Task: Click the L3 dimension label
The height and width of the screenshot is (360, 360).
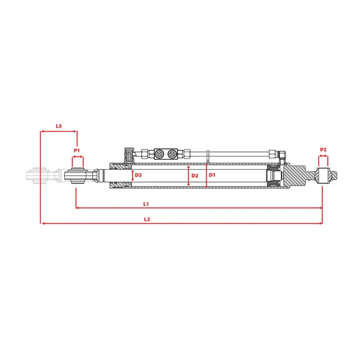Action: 59,126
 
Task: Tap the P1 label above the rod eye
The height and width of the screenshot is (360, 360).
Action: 77,151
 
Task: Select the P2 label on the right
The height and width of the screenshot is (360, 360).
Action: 323,149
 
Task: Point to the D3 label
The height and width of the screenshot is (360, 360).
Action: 138,175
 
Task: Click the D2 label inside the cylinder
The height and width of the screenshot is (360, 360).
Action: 194,176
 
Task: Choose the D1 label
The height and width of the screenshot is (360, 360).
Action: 212,175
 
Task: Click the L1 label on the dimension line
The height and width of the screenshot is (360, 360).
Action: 146,204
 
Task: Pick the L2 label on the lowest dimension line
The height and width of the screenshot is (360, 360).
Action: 147,219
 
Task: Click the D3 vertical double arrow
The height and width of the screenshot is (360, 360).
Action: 133,176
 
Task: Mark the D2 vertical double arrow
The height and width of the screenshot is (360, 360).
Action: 188,176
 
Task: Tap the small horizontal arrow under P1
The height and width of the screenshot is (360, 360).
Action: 77,157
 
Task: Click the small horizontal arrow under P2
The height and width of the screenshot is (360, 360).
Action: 323,156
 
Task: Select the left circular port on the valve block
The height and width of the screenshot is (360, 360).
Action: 158,154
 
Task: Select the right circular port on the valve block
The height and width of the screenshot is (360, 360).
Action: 172,154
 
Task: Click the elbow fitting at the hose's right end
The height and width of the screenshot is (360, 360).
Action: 282,155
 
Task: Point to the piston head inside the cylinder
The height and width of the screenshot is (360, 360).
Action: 274,176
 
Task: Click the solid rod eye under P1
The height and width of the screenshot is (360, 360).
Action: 77,176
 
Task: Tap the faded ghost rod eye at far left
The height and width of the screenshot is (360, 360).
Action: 38,176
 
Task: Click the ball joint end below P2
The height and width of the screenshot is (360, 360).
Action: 323,176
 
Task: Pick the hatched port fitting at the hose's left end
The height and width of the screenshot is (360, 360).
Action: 128,155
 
